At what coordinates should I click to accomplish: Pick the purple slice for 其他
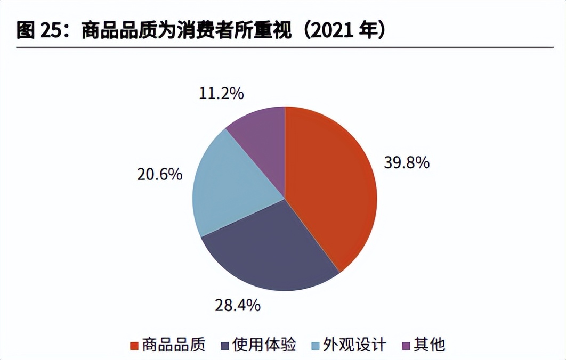click(261, 133)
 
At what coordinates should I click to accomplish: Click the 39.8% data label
click(407, 163)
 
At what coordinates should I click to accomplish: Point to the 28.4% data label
click(238, 305)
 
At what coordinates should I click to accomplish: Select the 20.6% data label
click(160, 174)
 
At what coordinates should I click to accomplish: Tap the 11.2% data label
click(221, 94)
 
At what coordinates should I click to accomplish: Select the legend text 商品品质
click(174, 345)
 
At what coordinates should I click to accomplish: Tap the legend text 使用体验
click(264, 345)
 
